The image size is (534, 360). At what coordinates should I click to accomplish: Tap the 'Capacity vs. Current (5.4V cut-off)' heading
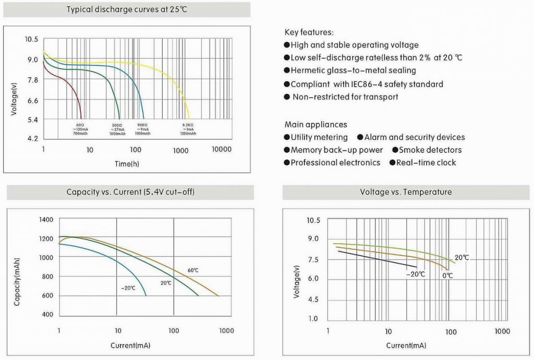click(131, 192)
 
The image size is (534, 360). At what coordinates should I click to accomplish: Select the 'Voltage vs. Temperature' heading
click(406, 192)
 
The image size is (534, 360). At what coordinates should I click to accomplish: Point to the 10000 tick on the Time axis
click(221, 150)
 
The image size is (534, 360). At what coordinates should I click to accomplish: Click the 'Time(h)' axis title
click(127, 164)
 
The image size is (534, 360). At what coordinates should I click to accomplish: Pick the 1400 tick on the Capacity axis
click(46, 220)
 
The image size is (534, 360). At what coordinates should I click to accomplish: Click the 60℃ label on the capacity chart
click(193, 270)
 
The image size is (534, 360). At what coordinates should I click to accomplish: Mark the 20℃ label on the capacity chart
click(166, 282)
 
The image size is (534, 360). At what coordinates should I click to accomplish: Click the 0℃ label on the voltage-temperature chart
click(447, 275)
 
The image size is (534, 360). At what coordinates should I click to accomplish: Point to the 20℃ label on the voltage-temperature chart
click(462, 258)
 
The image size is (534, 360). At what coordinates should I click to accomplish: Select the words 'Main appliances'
click(315, 125)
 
